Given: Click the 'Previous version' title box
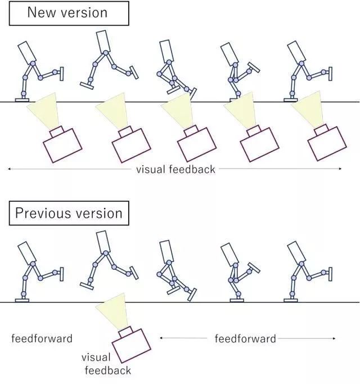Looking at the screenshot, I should (x=69, y=214).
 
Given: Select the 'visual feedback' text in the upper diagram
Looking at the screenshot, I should (x=175, y=169).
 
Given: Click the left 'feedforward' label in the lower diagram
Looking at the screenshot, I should (x=42, y=338).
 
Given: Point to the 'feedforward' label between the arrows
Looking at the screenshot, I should (x=245, y=338).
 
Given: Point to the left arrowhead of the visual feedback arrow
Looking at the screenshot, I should (x=9, y=169).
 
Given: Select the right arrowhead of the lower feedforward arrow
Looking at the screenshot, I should (x=334, y=338).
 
